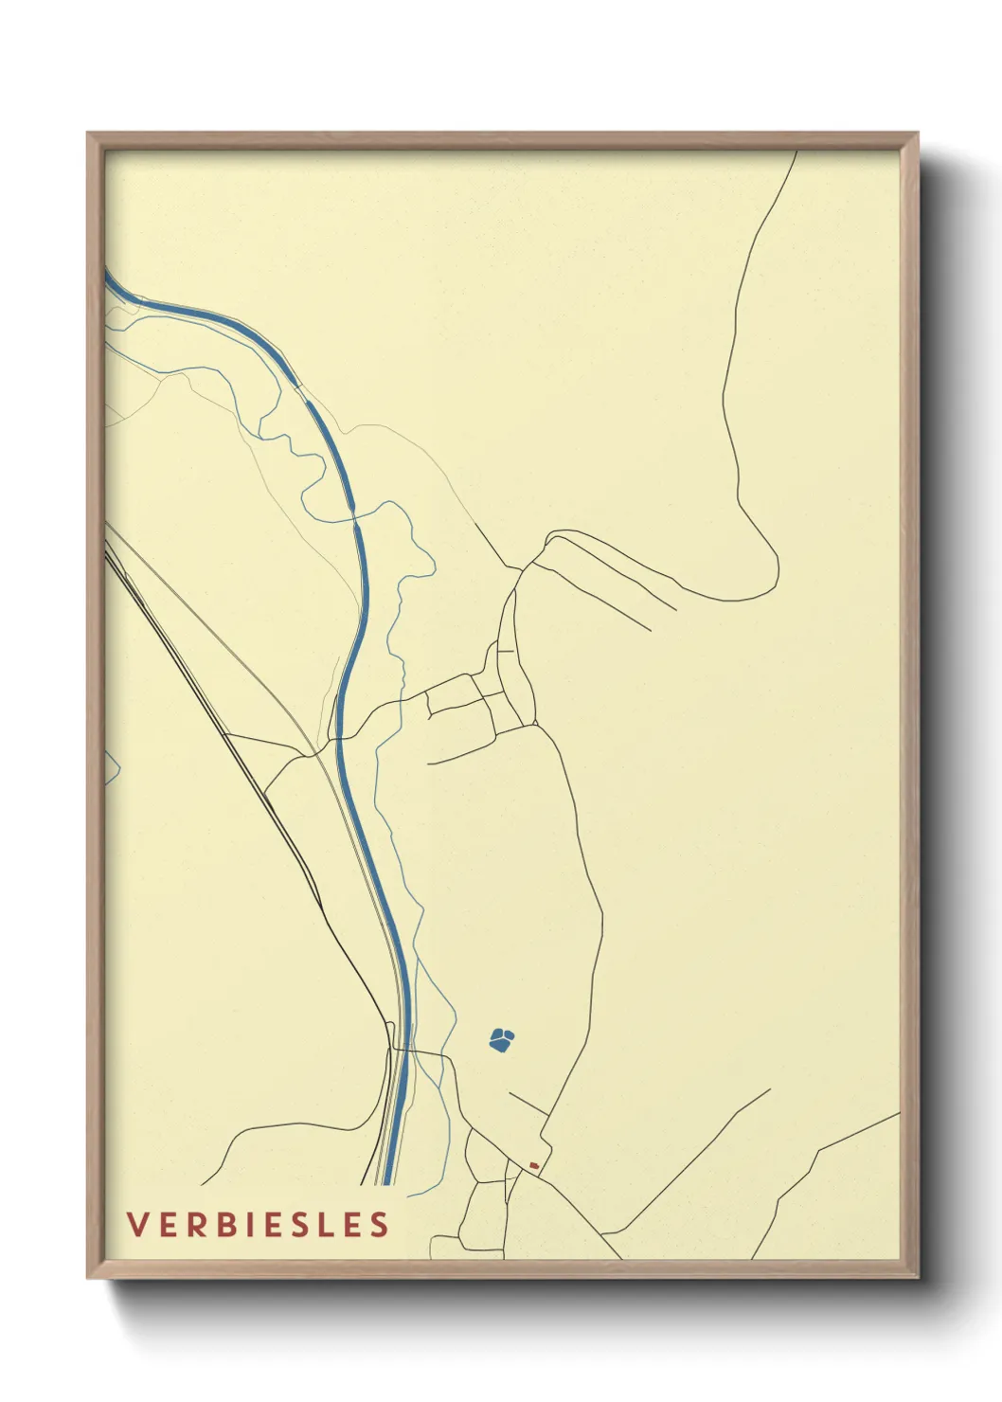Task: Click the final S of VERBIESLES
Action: tap(380, 1224)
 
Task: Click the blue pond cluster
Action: tap(501, 1040)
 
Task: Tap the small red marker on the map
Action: tap(534, 1165)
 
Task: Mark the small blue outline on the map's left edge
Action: tap(111, 767)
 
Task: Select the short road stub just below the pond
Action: tap(528, 1103)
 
